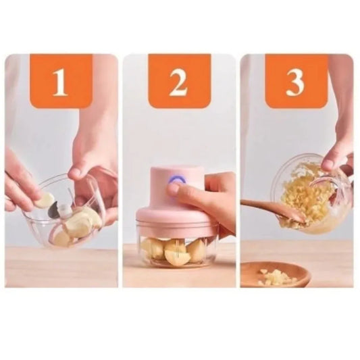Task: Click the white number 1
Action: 60,82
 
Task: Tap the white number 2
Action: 178,82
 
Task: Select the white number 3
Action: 295,82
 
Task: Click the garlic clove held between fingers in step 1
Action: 45,201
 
